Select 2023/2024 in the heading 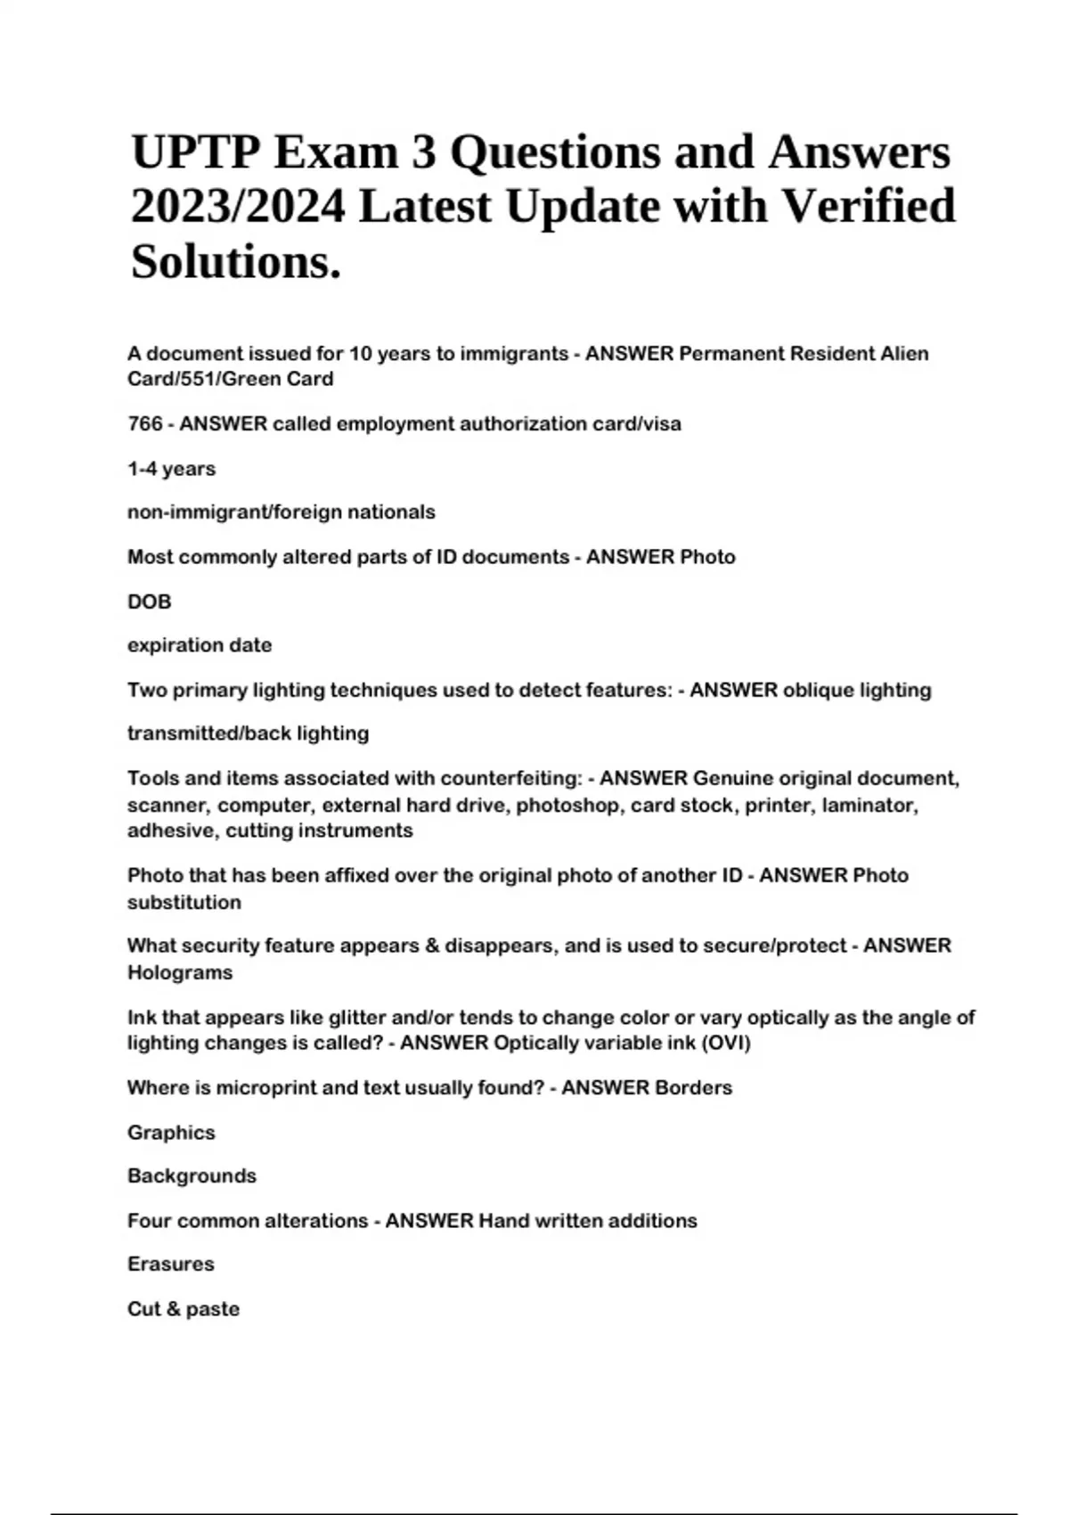click(x=237, y=207)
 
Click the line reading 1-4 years click(x=171, y=469)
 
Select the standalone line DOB click(x=149, y=602)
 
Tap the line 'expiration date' click(x=200, y=645)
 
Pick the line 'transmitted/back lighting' click(x=248, y=733)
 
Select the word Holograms click(x=180, y=972)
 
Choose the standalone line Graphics click(x=171, y=1133)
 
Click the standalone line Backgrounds click(x=192, y=1176)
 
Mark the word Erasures click(x=170, y=1264)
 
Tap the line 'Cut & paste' click(x=183, y=1309)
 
